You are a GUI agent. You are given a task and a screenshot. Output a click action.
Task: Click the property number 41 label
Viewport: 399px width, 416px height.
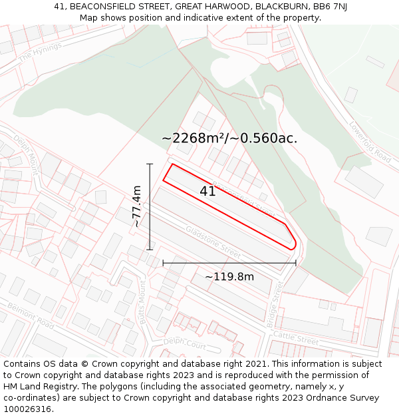[x=207, y=192]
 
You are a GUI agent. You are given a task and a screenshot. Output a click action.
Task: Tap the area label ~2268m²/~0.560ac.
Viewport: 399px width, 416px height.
[x=229, y=138]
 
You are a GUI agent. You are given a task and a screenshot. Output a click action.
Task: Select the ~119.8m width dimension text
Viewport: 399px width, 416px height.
[x=229, y=276]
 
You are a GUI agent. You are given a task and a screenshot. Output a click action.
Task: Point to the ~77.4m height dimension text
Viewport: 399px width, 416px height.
[x=137, y=206]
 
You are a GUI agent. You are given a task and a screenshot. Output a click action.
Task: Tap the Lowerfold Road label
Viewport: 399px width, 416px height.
[x=370, y=141]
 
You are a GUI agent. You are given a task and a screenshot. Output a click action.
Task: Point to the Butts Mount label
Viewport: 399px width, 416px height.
[x=142, y=302]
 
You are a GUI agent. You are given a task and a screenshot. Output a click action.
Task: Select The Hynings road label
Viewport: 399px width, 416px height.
[x=40, y=52]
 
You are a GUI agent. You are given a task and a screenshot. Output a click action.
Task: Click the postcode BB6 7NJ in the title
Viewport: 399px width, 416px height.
[x=331, y=7]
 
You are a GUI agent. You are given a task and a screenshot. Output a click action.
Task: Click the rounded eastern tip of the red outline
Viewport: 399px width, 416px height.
[x=294, y=246]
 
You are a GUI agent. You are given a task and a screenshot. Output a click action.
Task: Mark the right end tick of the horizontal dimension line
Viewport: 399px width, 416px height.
[x=296, y=263]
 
